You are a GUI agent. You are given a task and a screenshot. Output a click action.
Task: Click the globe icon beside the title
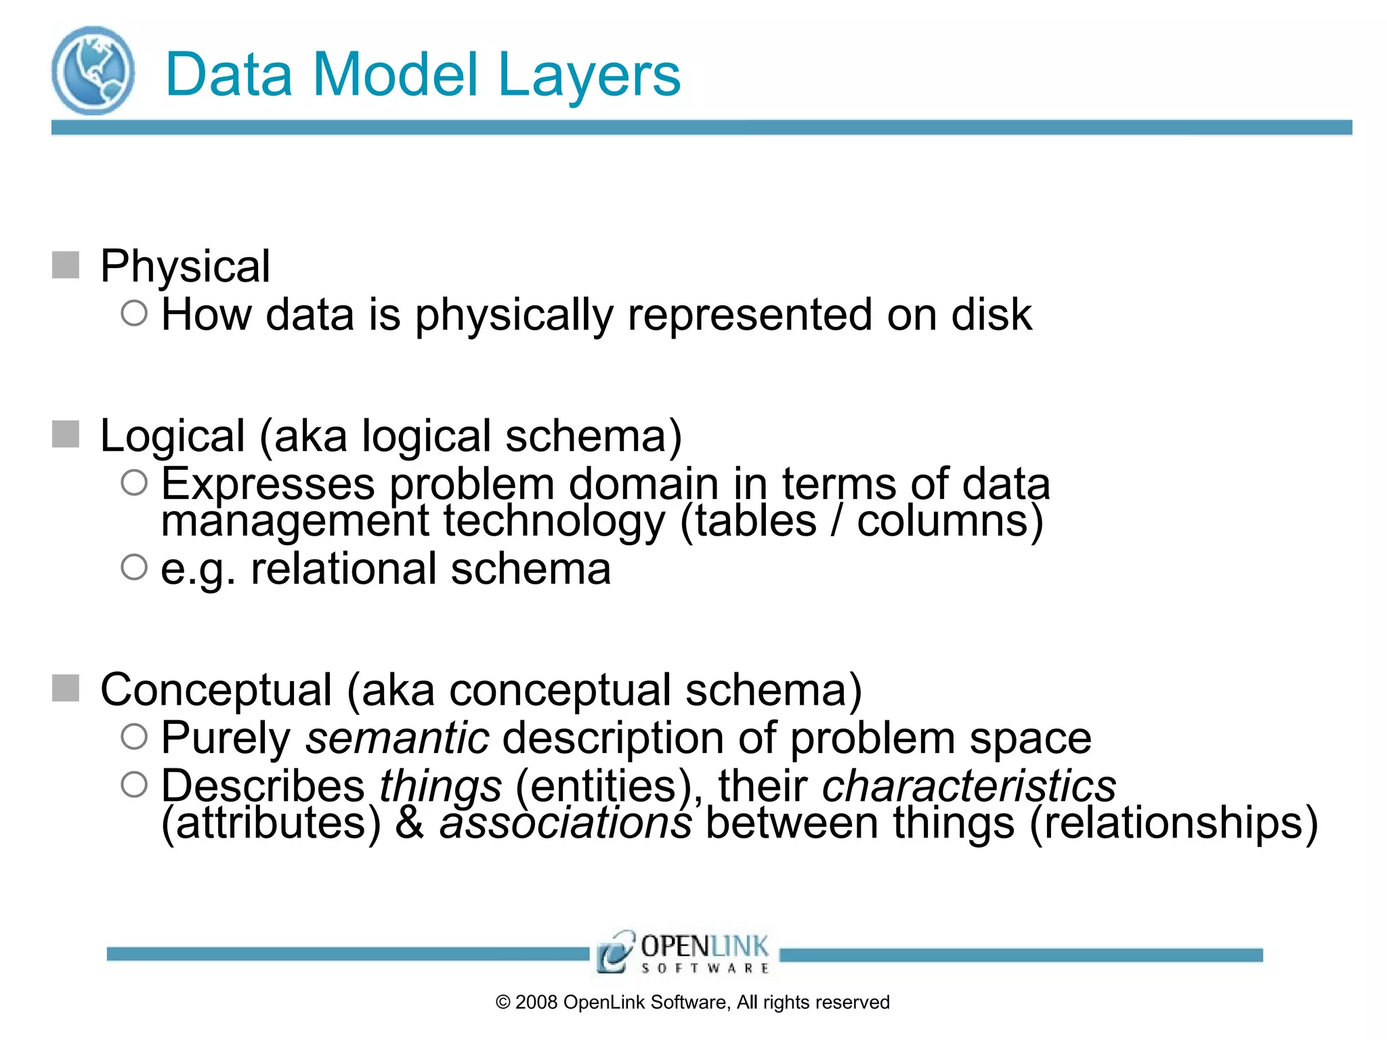(x=93, y=70)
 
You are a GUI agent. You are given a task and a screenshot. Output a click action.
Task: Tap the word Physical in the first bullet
(x=185, y=266)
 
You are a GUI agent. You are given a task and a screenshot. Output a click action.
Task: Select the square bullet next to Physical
(x=66, y=265)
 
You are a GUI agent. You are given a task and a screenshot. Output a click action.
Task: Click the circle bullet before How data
(x=134, y=313)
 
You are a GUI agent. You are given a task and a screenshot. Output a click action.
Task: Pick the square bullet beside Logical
(x=66, y=434)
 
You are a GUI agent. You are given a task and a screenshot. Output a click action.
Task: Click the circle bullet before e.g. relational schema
(x=134, y=567)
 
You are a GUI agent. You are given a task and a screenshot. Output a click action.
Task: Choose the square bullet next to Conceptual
(x=66, y=688)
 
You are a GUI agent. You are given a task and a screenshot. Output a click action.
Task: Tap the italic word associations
(x=566, y=823)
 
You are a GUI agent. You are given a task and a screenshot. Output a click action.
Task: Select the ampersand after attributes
(x=410, y=823)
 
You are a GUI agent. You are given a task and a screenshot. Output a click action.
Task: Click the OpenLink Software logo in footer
(x=683, y=952)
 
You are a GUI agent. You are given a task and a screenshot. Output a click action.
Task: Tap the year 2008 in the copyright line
(x=535, y=1003)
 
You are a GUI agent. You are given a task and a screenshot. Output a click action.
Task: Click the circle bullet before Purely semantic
(x=134, y=737)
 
